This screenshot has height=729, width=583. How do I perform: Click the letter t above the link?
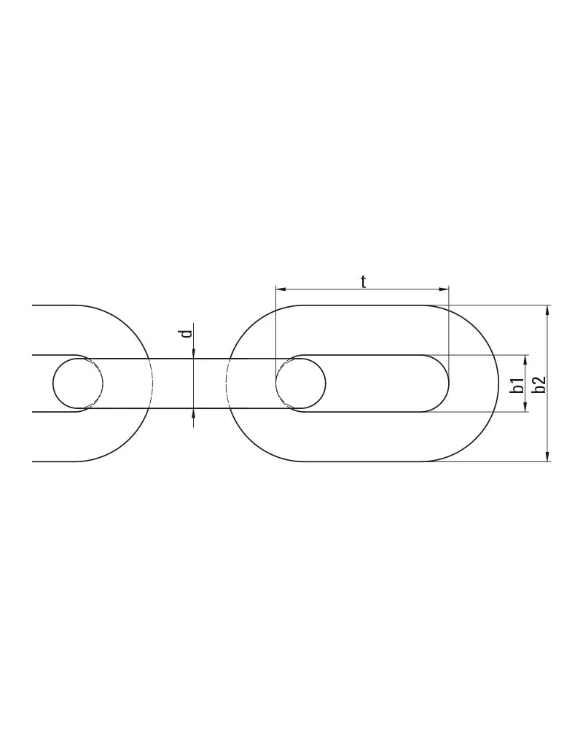click(x=364, y=281)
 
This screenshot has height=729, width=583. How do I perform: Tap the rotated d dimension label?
click(x=187, y=333)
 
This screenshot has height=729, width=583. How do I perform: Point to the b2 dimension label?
click(x=539, y=384)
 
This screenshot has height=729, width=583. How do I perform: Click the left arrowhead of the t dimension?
click(x=280, y=289)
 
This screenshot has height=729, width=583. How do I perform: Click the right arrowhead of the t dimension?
click(x=445, y=289)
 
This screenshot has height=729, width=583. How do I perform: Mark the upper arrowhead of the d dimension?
click(x=193, y=354)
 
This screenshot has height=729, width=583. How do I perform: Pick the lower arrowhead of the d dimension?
click(x=193, y=414)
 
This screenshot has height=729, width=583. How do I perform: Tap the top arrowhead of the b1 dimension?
click(x=526, y=359)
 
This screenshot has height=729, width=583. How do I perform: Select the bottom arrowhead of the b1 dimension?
click(x=526, y=408)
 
